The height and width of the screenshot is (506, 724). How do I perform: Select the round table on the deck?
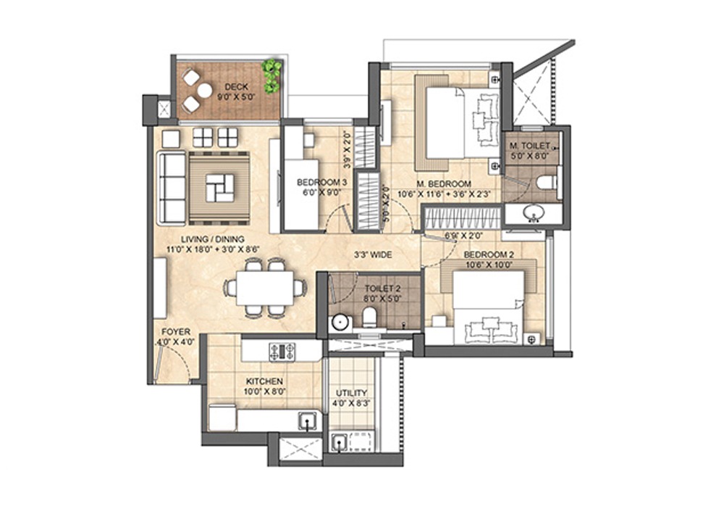pos(205,90)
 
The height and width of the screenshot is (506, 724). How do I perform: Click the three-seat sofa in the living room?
pos(172,187)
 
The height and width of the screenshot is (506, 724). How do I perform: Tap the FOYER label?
pos(177,332)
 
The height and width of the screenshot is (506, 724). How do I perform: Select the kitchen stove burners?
pos(284,352)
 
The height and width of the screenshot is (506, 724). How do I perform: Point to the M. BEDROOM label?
pos(444,184)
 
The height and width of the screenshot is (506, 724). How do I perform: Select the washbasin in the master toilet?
pos(534,214)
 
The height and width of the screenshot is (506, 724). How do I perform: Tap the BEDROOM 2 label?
pos(489,254)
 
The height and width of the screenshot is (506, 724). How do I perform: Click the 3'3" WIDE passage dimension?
pos(373,255)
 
